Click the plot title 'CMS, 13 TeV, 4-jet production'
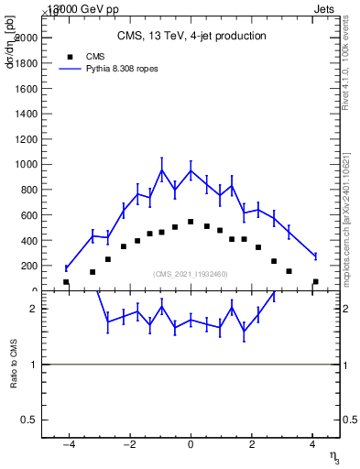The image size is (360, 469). (191, 37)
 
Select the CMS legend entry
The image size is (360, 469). (82, 56)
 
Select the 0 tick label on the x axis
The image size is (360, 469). (191, 444)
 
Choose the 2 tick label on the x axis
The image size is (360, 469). (252, 444)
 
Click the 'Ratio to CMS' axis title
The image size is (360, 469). (14, 365)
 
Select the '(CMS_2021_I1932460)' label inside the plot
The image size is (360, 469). (191, 274)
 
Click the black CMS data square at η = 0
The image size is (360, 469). (191, 222)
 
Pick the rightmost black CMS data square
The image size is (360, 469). (315, 282)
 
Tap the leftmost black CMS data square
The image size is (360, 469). (66, 282)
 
